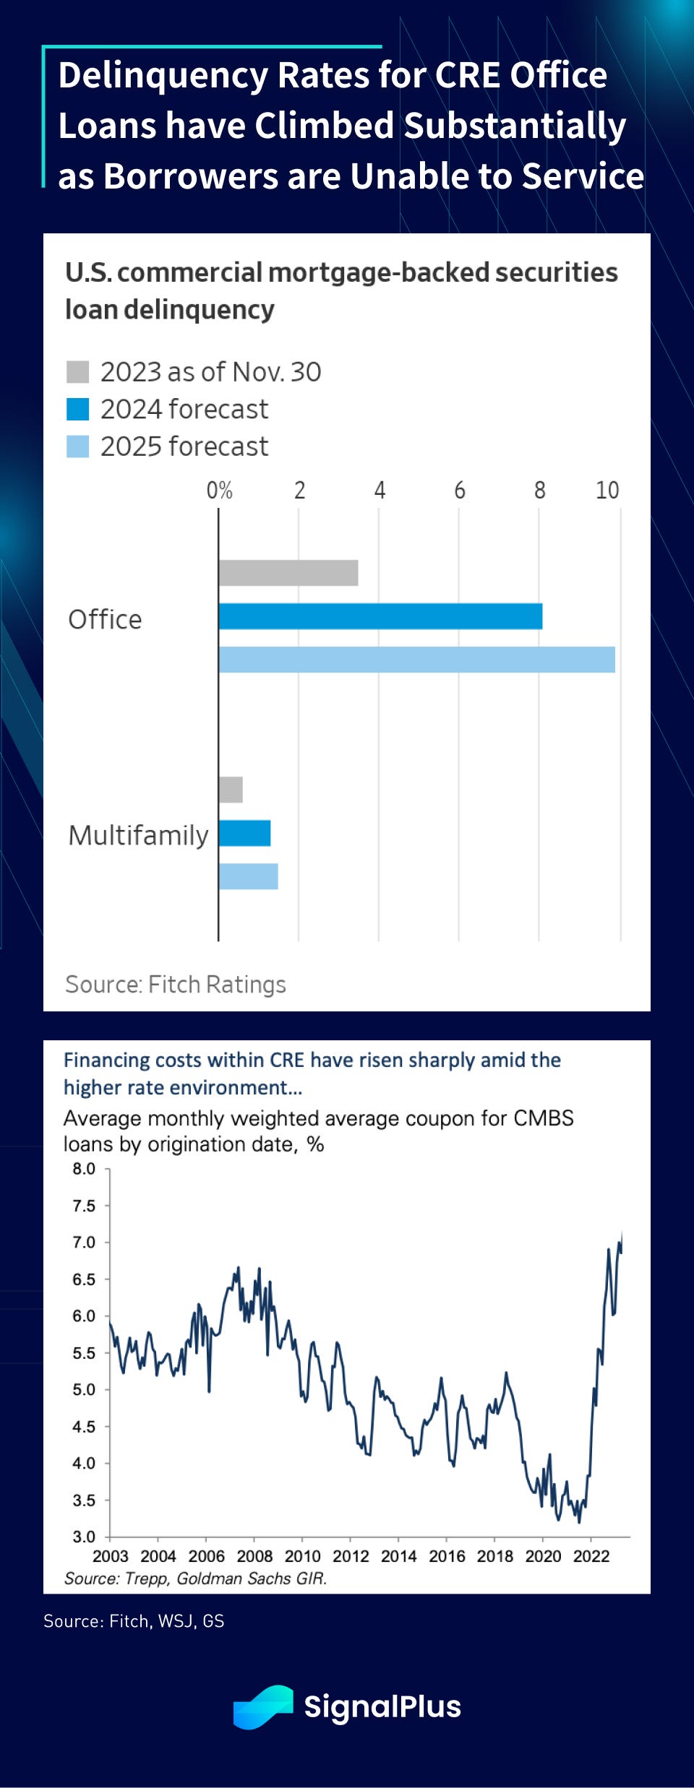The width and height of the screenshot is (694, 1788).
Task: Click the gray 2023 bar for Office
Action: [288, 573]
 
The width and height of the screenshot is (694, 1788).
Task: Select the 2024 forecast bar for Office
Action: [380, 616]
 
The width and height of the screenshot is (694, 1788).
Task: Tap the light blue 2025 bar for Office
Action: [416, 660]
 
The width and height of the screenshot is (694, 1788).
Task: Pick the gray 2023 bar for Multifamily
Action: [231, 790]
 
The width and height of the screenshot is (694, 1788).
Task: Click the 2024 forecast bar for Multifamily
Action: [244, 833]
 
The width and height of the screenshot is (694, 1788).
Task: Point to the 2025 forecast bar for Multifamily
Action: [248, 876]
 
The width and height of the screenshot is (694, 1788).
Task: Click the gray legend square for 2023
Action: [77, 372]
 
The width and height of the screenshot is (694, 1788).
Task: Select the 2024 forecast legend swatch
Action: [77, 410]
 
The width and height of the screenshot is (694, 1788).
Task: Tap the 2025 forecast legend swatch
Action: [77, 446]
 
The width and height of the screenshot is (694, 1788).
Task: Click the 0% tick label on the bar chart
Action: [219, 491]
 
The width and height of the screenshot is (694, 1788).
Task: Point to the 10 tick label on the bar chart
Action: [607, 491]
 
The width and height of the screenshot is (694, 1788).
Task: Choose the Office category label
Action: [105, 619]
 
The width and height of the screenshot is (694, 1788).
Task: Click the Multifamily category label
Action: [138, 835]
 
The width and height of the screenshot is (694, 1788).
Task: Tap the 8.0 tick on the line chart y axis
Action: [84, 1169]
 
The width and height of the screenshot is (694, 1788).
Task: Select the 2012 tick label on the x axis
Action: [351, 1556]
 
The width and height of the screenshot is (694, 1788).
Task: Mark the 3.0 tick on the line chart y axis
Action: [84, 1537]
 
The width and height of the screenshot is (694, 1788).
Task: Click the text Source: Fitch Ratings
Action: [176, 984]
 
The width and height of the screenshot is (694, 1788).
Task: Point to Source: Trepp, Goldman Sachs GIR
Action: [195, 1578]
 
